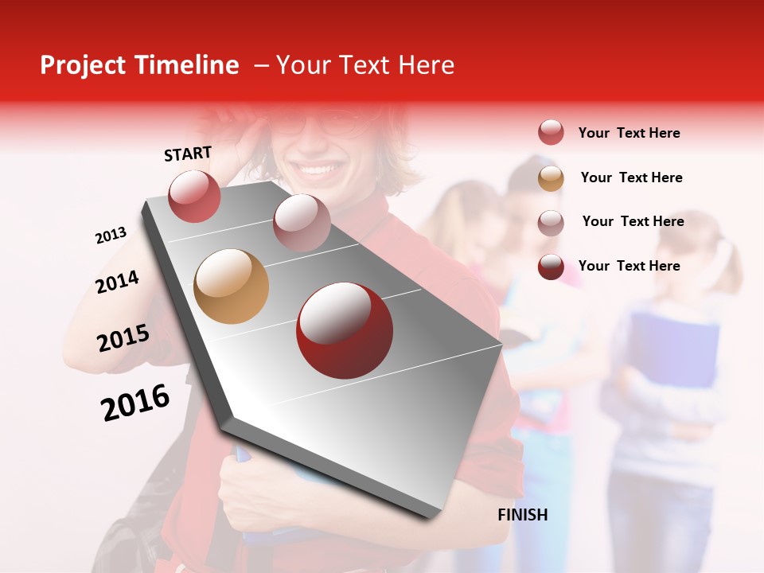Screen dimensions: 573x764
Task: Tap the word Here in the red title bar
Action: pyautogui.click(x=426, y=65)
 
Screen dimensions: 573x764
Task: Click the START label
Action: pyautogui.click(x=188, y=154)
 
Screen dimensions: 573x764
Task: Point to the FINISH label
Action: pyautogui.click(x=523, y=515)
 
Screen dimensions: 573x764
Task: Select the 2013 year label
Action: pyautogui.click(x=111, y=236)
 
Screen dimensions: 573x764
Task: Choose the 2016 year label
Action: pyautogui.click(x=135, y=403)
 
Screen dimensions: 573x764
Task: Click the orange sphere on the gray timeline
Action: pyautogui.click(x=231, y=286)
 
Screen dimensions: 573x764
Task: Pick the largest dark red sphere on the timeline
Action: pyautogui.click(x=344, y=330)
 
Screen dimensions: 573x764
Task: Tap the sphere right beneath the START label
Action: pyautogui.click(x=195, y=196)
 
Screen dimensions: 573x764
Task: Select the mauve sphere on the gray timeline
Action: pyautogui.click(x=302, y=222)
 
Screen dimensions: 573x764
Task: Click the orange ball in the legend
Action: pyautogui.click(x=551, y=178)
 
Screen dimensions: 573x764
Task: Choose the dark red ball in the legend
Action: pyautogui.click(x=551, y=267)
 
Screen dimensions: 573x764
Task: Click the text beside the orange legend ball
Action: pyautogui.click(x=631, y=177)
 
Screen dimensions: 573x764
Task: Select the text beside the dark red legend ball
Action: pyautogui.click(x=629, y=266)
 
